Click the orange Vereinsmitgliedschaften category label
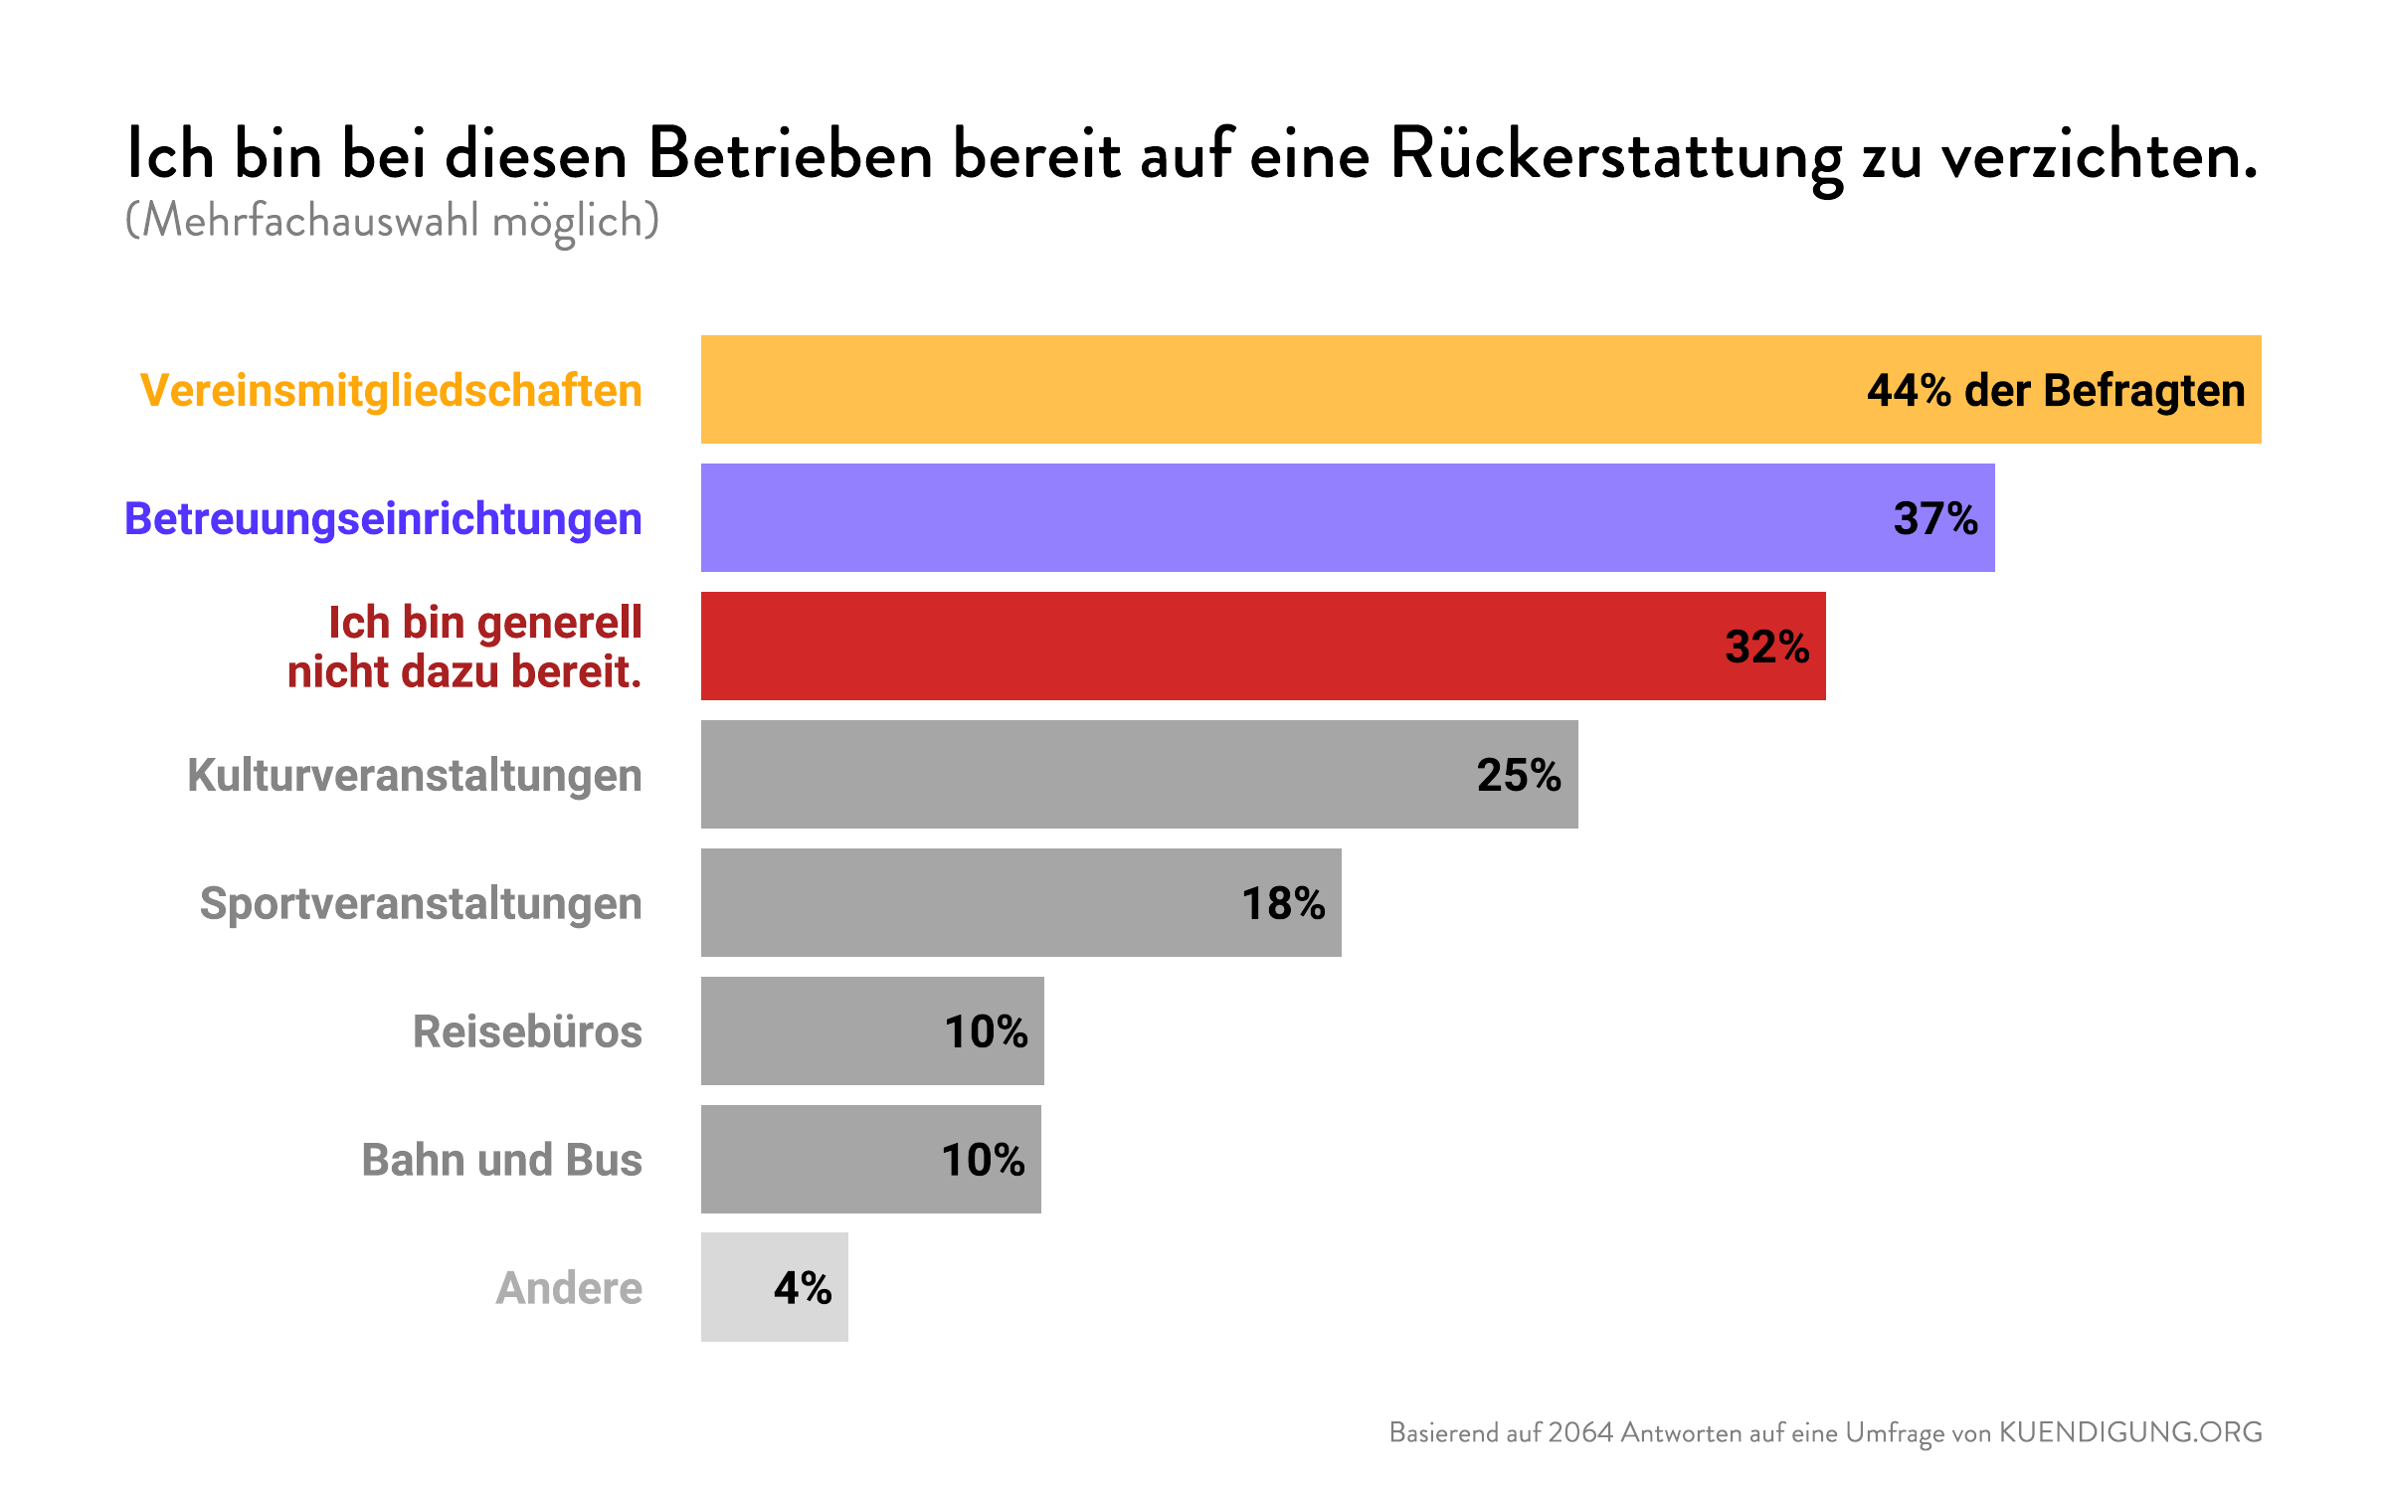pos(391,390)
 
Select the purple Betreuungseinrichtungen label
pos(383,518)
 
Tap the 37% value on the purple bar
pos(1934,518)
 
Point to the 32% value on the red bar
pos(1766,647)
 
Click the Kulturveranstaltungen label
pos(414,775)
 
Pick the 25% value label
pos(1518,775)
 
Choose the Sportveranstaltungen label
pos(420,903)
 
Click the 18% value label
pos(1282,903)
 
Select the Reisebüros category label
pos(526,1031)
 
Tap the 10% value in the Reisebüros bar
pos(985,1031)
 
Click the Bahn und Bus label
pos(501,1160)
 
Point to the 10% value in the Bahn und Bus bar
pos(982,1160)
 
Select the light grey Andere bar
pos(736,1287)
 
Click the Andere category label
pos(568,1288)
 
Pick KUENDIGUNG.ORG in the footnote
pos(2130,1432)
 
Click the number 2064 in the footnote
pos(1580,1432)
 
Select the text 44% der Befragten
pos(2055,390)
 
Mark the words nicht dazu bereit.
pos(463,671)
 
